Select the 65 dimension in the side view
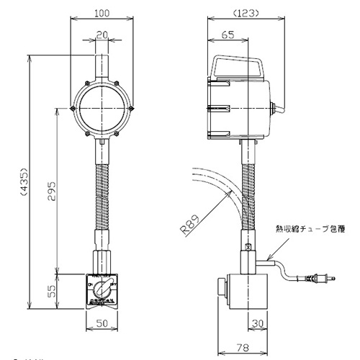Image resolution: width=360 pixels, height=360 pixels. (228, 34)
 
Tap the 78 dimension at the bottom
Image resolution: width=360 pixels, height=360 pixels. (244, 347)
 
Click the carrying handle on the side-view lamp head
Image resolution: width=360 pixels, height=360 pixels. (238, 66)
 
